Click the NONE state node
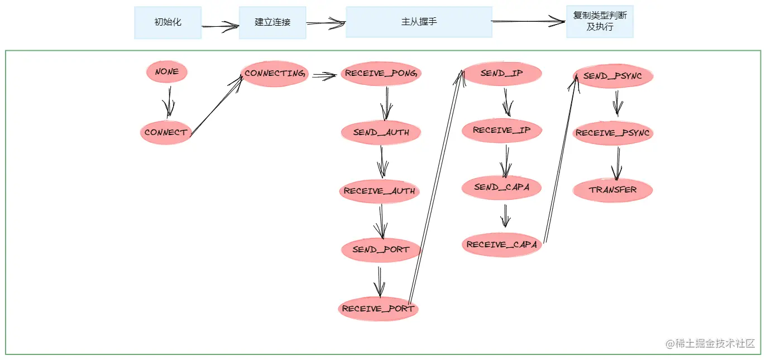pos(167,72)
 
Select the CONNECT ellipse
pos(166,133)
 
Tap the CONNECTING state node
pos(275,74)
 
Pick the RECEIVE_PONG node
pos(381,74)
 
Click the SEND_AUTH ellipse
pos(381,133)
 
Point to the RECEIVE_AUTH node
pos(380,191)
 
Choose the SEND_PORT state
pos(381,249)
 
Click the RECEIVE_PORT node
pos(378,309)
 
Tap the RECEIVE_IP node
pos(501,131)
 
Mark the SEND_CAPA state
pos(501,188)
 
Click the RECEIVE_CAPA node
pos(502,245)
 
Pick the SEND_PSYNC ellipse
pos(613,76)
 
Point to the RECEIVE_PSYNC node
pos(613,133)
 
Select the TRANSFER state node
pos(612,190)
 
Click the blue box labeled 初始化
pos(168,23)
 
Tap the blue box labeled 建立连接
pos(272,23)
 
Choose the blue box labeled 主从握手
pos(419,22)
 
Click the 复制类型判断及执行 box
pos(600,22)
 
